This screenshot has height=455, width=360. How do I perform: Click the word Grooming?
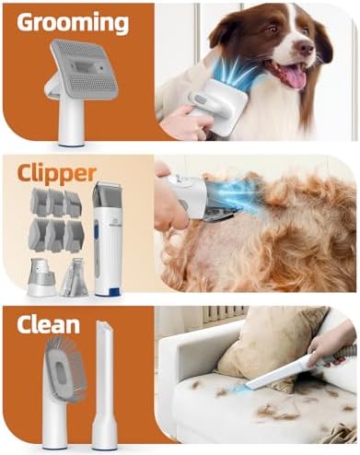tap(73, 23)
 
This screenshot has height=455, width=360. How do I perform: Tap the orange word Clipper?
tap(57, 174)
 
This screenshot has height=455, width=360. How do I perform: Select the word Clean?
tap(48, 324)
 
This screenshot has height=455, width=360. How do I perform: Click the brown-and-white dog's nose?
tap(306, 48)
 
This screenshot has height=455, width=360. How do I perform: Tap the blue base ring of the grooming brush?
tap(72, 145)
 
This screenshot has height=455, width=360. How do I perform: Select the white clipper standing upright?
tap(108, 239)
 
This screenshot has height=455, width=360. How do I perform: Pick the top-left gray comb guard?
tap(40, 202)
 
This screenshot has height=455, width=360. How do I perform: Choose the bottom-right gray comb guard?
tap(73, 235)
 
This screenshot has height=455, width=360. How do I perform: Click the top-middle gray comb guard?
tap(56, 202)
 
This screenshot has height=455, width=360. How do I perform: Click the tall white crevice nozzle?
tap(104, 385)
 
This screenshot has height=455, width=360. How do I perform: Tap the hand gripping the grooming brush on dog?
tap(185, 122)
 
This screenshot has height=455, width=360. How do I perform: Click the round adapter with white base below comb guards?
tap(41, 277)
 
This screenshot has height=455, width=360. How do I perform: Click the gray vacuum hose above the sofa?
tap(343, 356)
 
